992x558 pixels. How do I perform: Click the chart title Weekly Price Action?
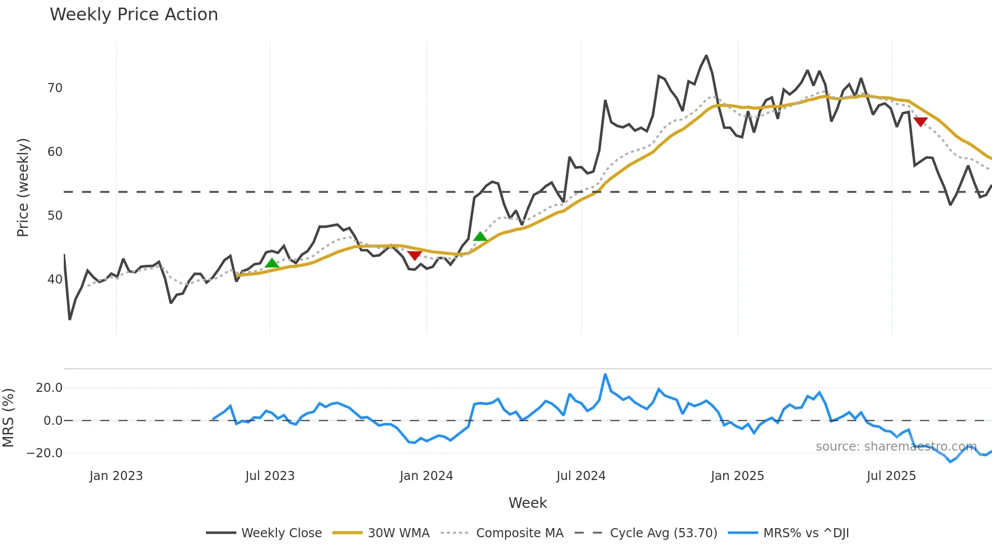[x=134, y=15]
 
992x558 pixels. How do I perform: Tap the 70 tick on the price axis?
[x=55, y=88]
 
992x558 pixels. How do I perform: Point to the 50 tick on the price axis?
[x=55, y=216]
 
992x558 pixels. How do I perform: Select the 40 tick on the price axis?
[x=55, y=280]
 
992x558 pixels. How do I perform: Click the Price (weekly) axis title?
[x=23, y=187]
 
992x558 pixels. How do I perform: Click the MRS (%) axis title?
[x=9, y=418]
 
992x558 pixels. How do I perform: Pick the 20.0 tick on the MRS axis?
[x=49, y=388]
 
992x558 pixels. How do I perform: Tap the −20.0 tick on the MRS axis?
[x=45, y=453]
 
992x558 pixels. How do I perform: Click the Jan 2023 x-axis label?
[x=116, y=476]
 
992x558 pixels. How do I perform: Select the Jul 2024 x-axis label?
[x=581, y=476]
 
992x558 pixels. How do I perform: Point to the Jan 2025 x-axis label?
[x=737, y=476]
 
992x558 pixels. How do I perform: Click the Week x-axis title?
[x=527, y=503]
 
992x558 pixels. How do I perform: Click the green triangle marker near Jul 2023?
[x=272, y=263]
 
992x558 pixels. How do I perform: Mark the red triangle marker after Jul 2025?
[x=920, y=122]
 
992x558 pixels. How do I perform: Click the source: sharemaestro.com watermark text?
[x=896, y=447]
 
